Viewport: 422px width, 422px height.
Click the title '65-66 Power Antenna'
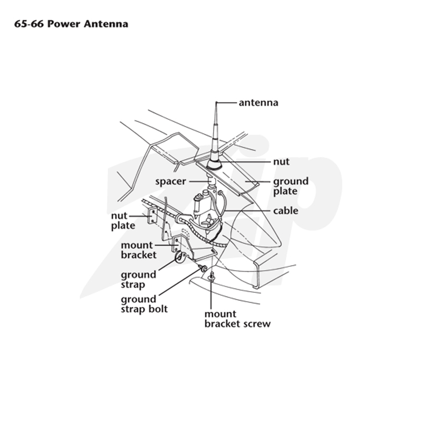[x=71, y=24]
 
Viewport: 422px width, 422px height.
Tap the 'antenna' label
[x=258, y=102]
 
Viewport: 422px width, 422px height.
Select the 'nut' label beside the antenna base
[x=281, y=162]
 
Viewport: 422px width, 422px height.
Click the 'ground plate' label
[x=291, y=186]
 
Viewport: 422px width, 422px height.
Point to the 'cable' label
[x=285, y=210]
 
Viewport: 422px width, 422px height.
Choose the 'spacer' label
[x=170, y=181]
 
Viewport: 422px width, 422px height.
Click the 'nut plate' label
[x=123, y=220]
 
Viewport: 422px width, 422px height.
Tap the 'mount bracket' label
[x=138, y=250]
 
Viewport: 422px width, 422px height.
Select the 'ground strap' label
[x=138, y=280]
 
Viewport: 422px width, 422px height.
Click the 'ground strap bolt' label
[x=144, y=304]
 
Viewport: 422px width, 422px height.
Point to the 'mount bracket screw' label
[x=237, y=319]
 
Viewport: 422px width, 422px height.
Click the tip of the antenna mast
[x=216, y=102]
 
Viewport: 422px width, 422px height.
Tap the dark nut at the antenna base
[x=214, y=164]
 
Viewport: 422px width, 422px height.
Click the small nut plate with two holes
[x=152, y=215]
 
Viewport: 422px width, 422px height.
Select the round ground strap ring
[x=179, y=257]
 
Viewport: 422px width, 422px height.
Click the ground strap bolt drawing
[x=203, y=268]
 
